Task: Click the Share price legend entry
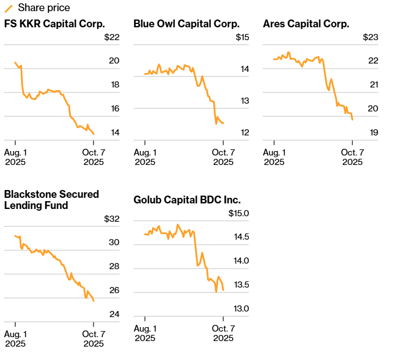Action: point(43,8)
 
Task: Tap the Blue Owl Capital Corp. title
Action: point(186,23)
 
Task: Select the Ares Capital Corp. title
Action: point(306,23)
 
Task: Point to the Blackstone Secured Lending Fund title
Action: point(51,200)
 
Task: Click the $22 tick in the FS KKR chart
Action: point(111,37)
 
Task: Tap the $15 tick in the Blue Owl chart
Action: point(242,37)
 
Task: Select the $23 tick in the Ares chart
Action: point(370,37)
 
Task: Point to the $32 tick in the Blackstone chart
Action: point(111,218)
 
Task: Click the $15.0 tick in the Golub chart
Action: point(238,213)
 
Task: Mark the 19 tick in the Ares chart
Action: point(374,133)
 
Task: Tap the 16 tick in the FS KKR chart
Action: point(114,109)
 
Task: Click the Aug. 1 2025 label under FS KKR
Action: point(16,157)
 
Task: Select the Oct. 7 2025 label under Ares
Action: point(352,157)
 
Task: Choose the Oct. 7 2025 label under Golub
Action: point(223,333)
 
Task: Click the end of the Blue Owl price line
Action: point(223,123)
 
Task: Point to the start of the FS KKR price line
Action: point(15,62)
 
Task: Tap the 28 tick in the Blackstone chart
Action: point(114,266)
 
